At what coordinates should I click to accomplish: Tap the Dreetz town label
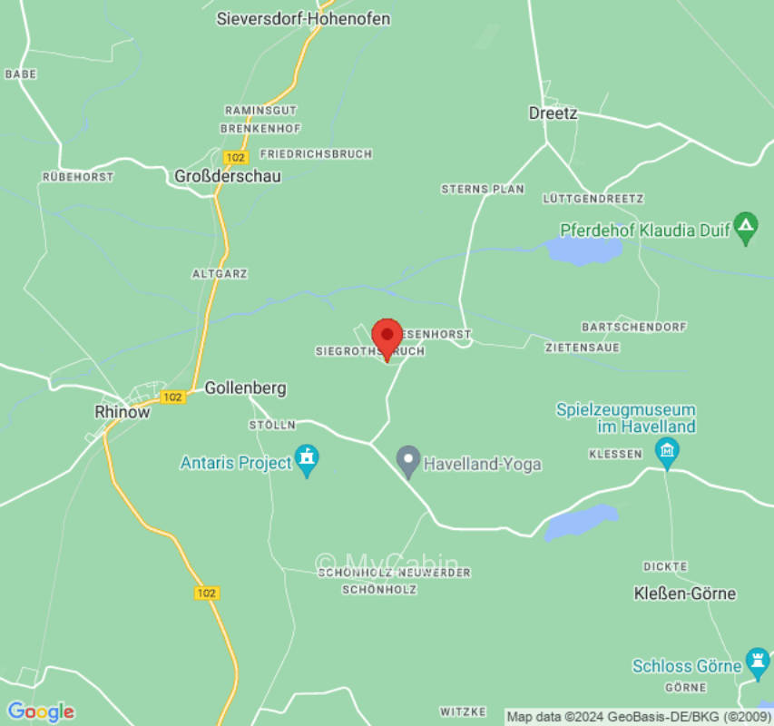point(553,113)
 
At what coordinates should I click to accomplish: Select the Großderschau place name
point(228,176)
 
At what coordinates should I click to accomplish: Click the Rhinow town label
point(122,411)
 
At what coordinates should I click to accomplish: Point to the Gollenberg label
point(245,388)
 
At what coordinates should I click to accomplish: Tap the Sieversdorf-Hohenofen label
point(303,18)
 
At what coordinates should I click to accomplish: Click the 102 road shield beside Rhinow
point(172,397)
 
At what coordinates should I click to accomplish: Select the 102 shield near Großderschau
point(235,157)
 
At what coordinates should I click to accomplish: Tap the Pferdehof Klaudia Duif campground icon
point(746,228)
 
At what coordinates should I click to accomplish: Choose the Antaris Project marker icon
point(308,460)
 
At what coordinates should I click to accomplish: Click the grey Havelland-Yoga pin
point(408,462)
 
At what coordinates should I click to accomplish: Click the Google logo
point(40,711)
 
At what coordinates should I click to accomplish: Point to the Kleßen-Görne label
point(684,594)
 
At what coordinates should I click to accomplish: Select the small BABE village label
point(20,74)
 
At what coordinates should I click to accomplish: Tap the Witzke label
point(463,711)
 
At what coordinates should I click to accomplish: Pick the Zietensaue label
point(581,348)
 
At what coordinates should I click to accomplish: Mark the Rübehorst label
point(78,177)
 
